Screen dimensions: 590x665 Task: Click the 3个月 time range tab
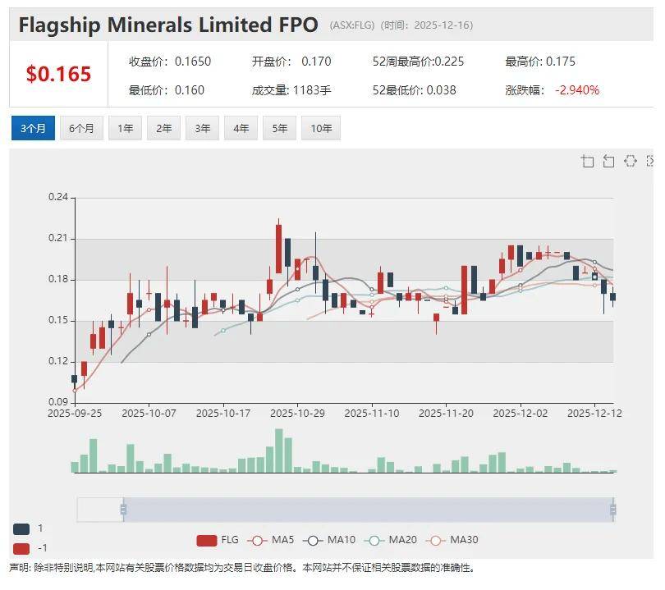[x=33, y=128]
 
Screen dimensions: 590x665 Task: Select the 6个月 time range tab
[x=81, y=128]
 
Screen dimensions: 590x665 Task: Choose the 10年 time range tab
[x=320, y=128]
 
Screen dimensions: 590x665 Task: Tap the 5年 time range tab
[x=280, y=128]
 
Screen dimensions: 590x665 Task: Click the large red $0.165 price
[x=58, y=74]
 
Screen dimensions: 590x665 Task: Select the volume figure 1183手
[x=311, y=89]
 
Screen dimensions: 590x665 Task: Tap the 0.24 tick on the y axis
[x=57, y=197]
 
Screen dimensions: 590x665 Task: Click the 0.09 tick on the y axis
[x=57, y=402]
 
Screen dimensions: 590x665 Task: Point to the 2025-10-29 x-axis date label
[x=297, y=414]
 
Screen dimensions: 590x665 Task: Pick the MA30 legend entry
[x=454, y=540]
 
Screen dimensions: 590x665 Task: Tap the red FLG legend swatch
[x=206, y=540]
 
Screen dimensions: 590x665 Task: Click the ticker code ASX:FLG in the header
[x=353, y=25]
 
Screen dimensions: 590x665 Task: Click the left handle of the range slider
[x=123, y=510]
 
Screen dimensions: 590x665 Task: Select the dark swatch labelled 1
[x=21, y=528]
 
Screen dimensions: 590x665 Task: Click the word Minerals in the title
[x=158, y=25]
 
